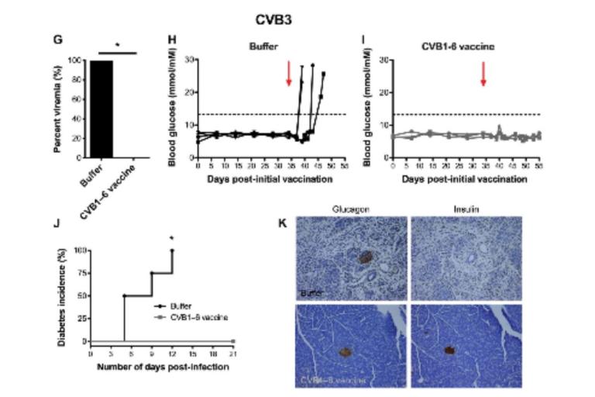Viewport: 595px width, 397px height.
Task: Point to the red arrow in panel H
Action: pos(288,74)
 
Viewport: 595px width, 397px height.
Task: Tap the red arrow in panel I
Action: pos(483,74)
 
